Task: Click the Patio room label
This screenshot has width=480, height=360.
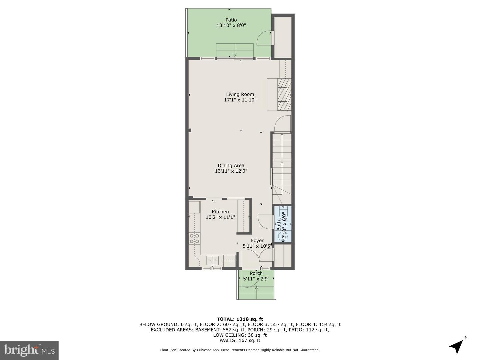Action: coord(231,20)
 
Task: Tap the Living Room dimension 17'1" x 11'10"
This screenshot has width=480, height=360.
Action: coord(240,100)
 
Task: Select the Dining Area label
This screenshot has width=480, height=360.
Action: coord(231,165)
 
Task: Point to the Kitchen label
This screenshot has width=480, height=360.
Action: coord(220,212)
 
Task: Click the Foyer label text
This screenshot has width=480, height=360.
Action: coord(257,240)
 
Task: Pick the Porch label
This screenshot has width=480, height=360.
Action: coord(256,273)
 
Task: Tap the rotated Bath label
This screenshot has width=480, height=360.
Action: coord(279,225)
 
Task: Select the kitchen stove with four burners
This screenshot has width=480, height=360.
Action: coord(194,239)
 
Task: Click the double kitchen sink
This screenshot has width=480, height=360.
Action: coord(212,259)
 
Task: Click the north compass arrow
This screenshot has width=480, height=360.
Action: coord(457,346)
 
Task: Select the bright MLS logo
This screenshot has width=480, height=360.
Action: coord(29,350)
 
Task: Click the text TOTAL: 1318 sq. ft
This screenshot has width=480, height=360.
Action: coord(240,319)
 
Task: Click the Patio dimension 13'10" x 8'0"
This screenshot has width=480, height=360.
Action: coord(231,25)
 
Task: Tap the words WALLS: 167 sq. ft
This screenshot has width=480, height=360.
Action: coord(240,340)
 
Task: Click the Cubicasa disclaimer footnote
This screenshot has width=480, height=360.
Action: coord(240,350)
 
